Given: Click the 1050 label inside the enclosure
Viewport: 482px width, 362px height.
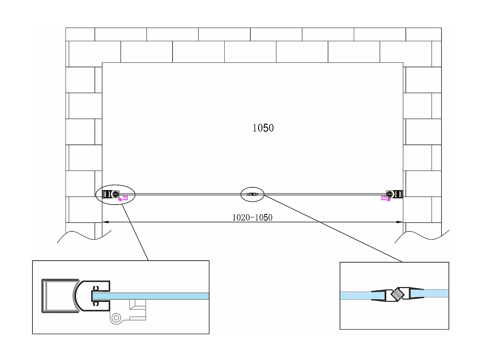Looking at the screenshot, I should [263, 128].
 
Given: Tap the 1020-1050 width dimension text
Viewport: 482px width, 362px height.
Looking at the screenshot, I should [252, 218].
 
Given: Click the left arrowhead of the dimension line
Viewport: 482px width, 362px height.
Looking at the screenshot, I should [105, 222].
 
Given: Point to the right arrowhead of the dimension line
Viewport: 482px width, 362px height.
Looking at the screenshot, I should [400, 222].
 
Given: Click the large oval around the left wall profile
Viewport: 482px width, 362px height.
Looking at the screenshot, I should [116, 186].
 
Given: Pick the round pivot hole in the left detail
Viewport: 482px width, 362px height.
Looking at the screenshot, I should [116, 318].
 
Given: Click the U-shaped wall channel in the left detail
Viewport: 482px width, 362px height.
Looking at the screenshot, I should [45, 296].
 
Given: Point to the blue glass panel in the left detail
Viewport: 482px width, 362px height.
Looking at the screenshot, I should [161, 296].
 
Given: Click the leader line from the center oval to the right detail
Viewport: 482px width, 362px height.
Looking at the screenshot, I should [331, 227].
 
